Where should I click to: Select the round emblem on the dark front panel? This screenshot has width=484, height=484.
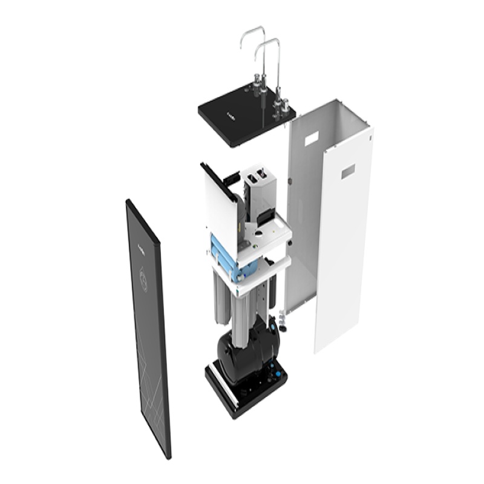coord(143,278)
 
